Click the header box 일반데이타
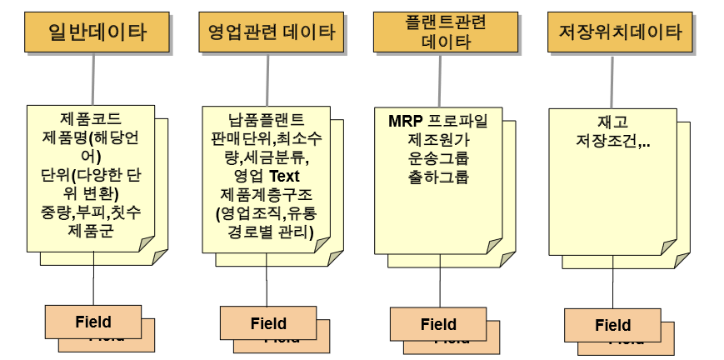(97, 33)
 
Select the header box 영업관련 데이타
(272, 33)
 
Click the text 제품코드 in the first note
(91, 119)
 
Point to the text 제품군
(91, 229)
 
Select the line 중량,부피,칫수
(91, 212)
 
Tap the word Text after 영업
(283, 176)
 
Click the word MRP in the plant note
(406, 120)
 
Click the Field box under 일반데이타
(92, 322)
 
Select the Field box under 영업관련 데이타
(267, 323)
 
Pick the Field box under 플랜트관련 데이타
(438, 324)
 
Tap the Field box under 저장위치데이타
(612, 325)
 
